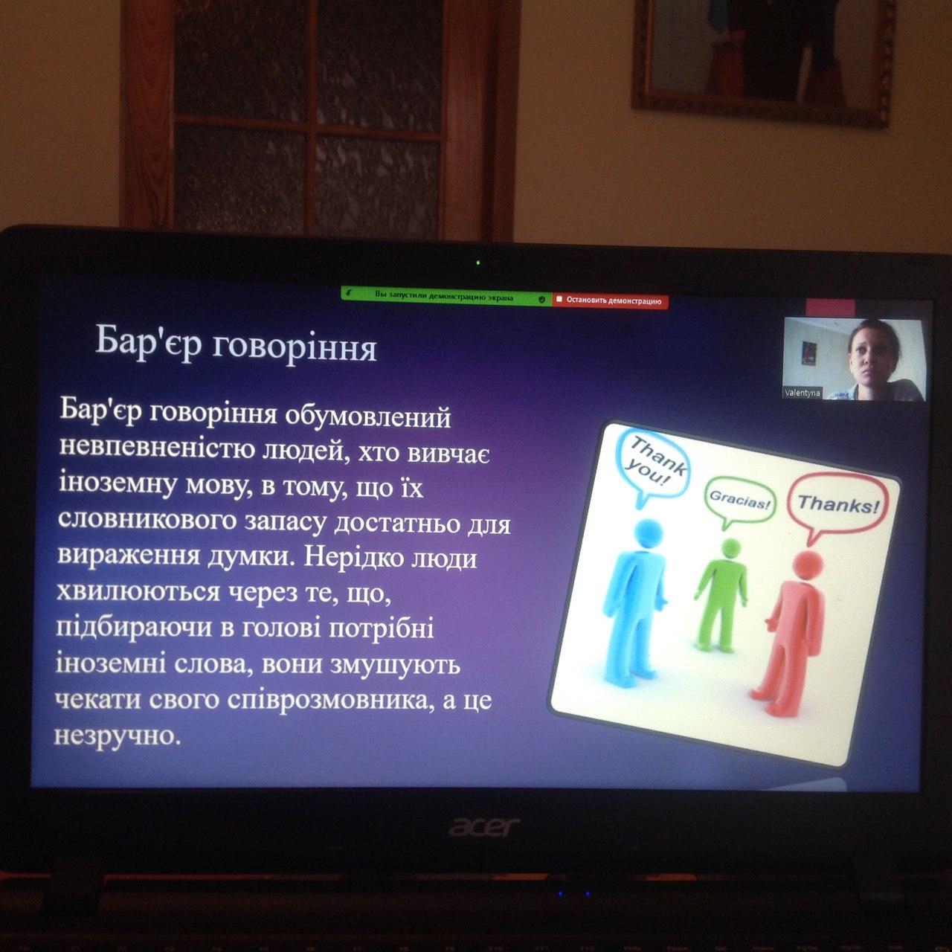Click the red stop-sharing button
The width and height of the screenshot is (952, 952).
611,300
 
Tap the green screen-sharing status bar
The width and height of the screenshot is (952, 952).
446,297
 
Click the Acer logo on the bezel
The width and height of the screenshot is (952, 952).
484,826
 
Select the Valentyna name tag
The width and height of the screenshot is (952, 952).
802,393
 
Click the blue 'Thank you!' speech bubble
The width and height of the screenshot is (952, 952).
653,465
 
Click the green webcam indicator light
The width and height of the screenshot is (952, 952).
477,263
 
